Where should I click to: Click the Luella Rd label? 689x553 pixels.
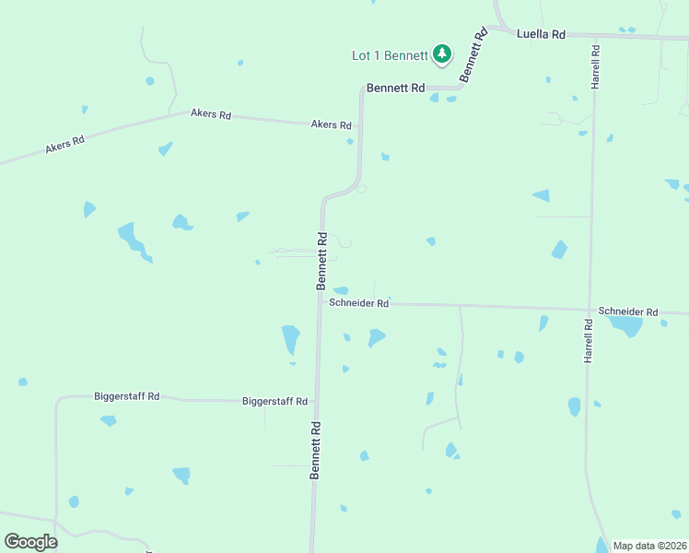click(x=542, y=34)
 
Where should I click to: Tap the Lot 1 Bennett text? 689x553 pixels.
click(x=390, y=55)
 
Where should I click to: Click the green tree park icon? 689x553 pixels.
click(x=443, y=54)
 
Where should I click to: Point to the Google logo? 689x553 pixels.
click(x=30, y=541)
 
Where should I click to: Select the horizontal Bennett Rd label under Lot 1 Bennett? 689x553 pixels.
click(x=395, y=88)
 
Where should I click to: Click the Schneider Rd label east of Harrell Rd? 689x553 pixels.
click(x=627, y=312)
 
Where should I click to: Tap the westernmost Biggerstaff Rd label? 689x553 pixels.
click(x=126, y=396)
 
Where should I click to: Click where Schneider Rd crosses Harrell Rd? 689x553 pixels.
click(x=590, y=309)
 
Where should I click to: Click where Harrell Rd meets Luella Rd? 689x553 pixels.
click(x=595, y=38)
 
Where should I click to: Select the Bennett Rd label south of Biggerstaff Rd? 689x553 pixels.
click(x=315, y=451)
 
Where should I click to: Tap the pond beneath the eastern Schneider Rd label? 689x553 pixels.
click(x=626, y=325)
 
